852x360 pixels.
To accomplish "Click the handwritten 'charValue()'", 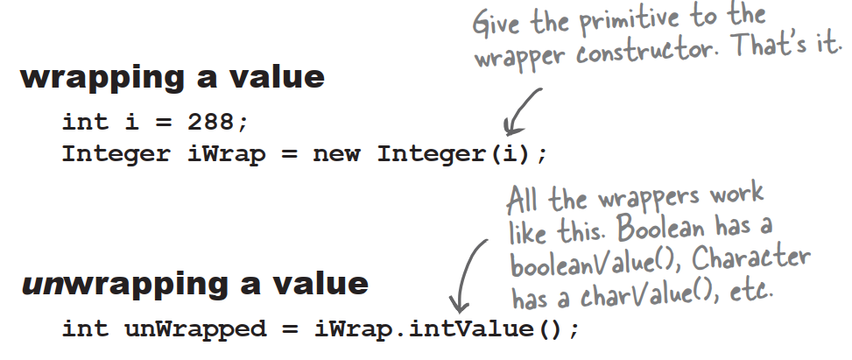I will [x=635, y=295].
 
